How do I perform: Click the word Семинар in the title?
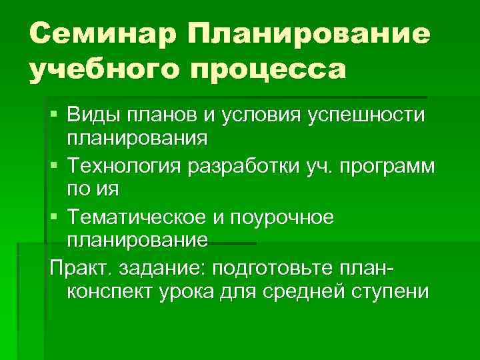103,33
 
